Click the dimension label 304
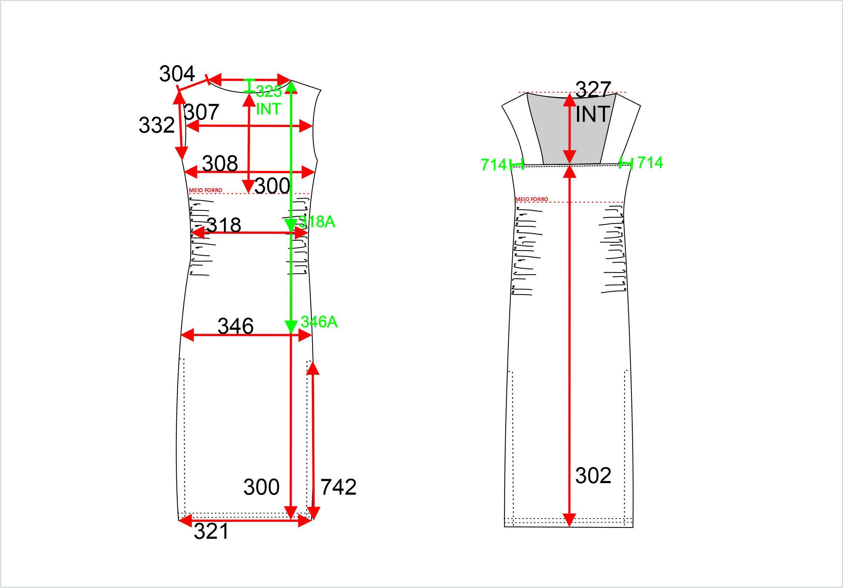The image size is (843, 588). [177, 73]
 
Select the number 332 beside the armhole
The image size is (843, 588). [157, 125]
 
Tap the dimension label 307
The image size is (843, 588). [201, 112]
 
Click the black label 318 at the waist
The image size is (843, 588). [223, 225]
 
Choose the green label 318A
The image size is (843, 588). [317, 222]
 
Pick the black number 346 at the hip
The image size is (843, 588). [235, 326]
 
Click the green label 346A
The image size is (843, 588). [319, 322]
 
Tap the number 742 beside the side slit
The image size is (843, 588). [338, 487]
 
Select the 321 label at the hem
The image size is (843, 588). [211, 531]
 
